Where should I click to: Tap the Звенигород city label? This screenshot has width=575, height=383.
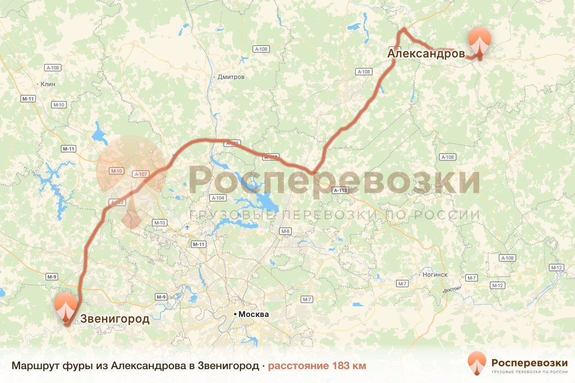coord(115,319)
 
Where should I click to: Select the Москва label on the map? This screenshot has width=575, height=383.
coord(253,315)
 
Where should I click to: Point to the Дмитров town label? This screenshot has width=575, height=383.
coord(231,77)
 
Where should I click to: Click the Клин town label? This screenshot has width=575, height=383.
coord(48,84)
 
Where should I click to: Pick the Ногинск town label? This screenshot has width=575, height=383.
coord(435,275)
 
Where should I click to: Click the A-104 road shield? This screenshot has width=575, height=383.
coord(218,198)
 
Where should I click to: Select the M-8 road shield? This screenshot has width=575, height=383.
coord(286,232)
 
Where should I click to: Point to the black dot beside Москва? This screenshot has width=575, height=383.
coord(235,315)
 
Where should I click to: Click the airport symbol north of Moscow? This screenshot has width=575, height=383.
coord(186,227)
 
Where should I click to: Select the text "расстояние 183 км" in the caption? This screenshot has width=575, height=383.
coord(317,366)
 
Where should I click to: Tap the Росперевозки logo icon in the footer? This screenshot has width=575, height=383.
coord(477,363)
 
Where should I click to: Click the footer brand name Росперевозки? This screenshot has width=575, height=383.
coord(529,361)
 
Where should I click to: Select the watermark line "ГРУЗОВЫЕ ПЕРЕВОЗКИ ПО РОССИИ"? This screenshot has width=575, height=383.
coord(334,215)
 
